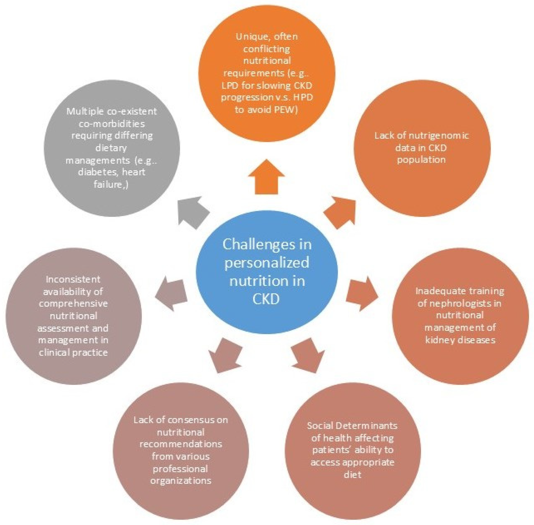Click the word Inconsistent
[73, 279]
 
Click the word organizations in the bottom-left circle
[181, 481]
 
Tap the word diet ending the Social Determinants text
[352, 475]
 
